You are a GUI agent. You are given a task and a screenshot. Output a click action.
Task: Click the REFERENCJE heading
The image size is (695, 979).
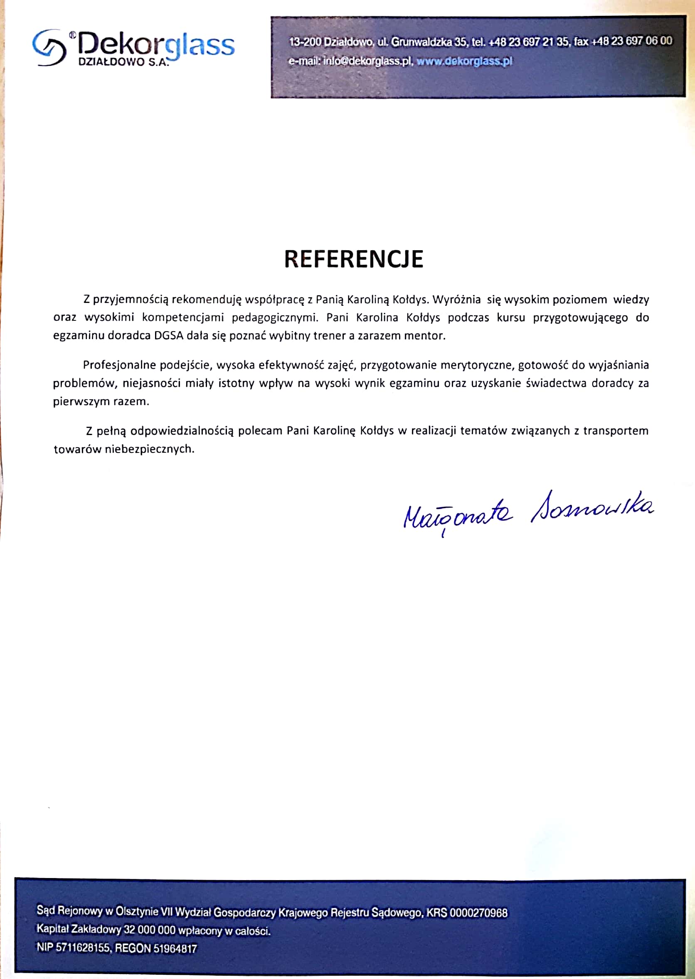353,259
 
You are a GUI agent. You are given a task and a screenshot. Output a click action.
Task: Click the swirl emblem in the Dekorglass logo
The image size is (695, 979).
49,47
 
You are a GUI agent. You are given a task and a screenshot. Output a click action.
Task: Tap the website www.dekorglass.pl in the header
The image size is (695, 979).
464,61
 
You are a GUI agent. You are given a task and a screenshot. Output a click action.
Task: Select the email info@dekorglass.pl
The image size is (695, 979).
367,61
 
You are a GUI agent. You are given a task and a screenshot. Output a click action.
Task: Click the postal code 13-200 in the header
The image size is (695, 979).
305,42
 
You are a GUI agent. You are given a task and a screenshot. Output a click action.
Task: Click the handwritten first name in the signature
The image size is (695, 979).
457,513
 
